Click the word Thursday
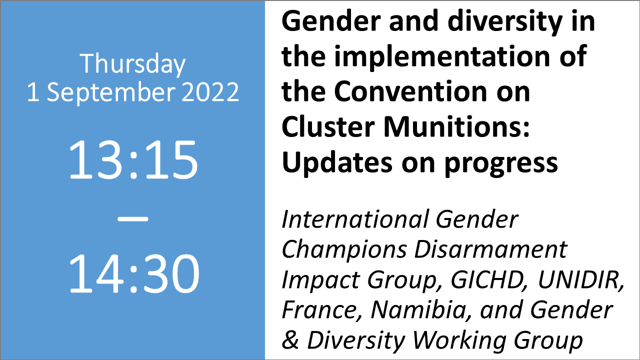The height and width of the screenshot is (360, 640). point(132,64)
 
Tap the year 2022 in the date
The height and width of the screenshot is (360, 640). point(210,92)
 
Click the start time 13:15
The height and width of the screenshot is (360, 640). point(133,159)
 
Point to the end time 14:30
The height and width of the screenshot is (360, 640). point(134,273)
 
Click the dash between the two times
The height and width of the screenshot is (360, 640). point(133,219)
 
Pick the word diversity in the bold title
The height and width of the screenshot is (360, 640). point(505,23)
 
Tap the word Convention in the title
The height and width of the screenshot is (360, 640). point(410,91)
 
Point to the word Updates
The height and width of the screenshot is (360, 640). point(337,163)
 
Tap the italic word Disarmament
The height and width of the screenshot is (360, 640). point(490,249)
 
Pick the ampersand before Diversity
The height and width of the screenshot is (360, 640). point(290,339)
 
